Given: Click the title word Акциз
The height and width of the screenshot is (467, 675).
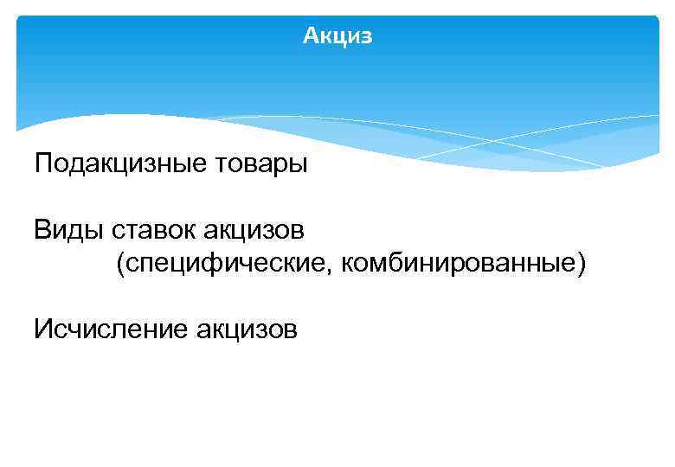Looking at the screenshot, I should click(337, 36).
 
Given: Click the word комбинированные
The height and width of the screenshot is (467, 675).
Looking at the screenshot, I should click(459, 263).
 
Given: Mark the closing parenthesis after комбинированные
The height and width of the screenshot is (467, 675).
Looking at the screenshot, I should click(581, 263).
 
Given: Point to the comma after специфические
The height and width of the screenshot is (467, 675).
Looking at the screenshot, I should click(336, 270).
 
